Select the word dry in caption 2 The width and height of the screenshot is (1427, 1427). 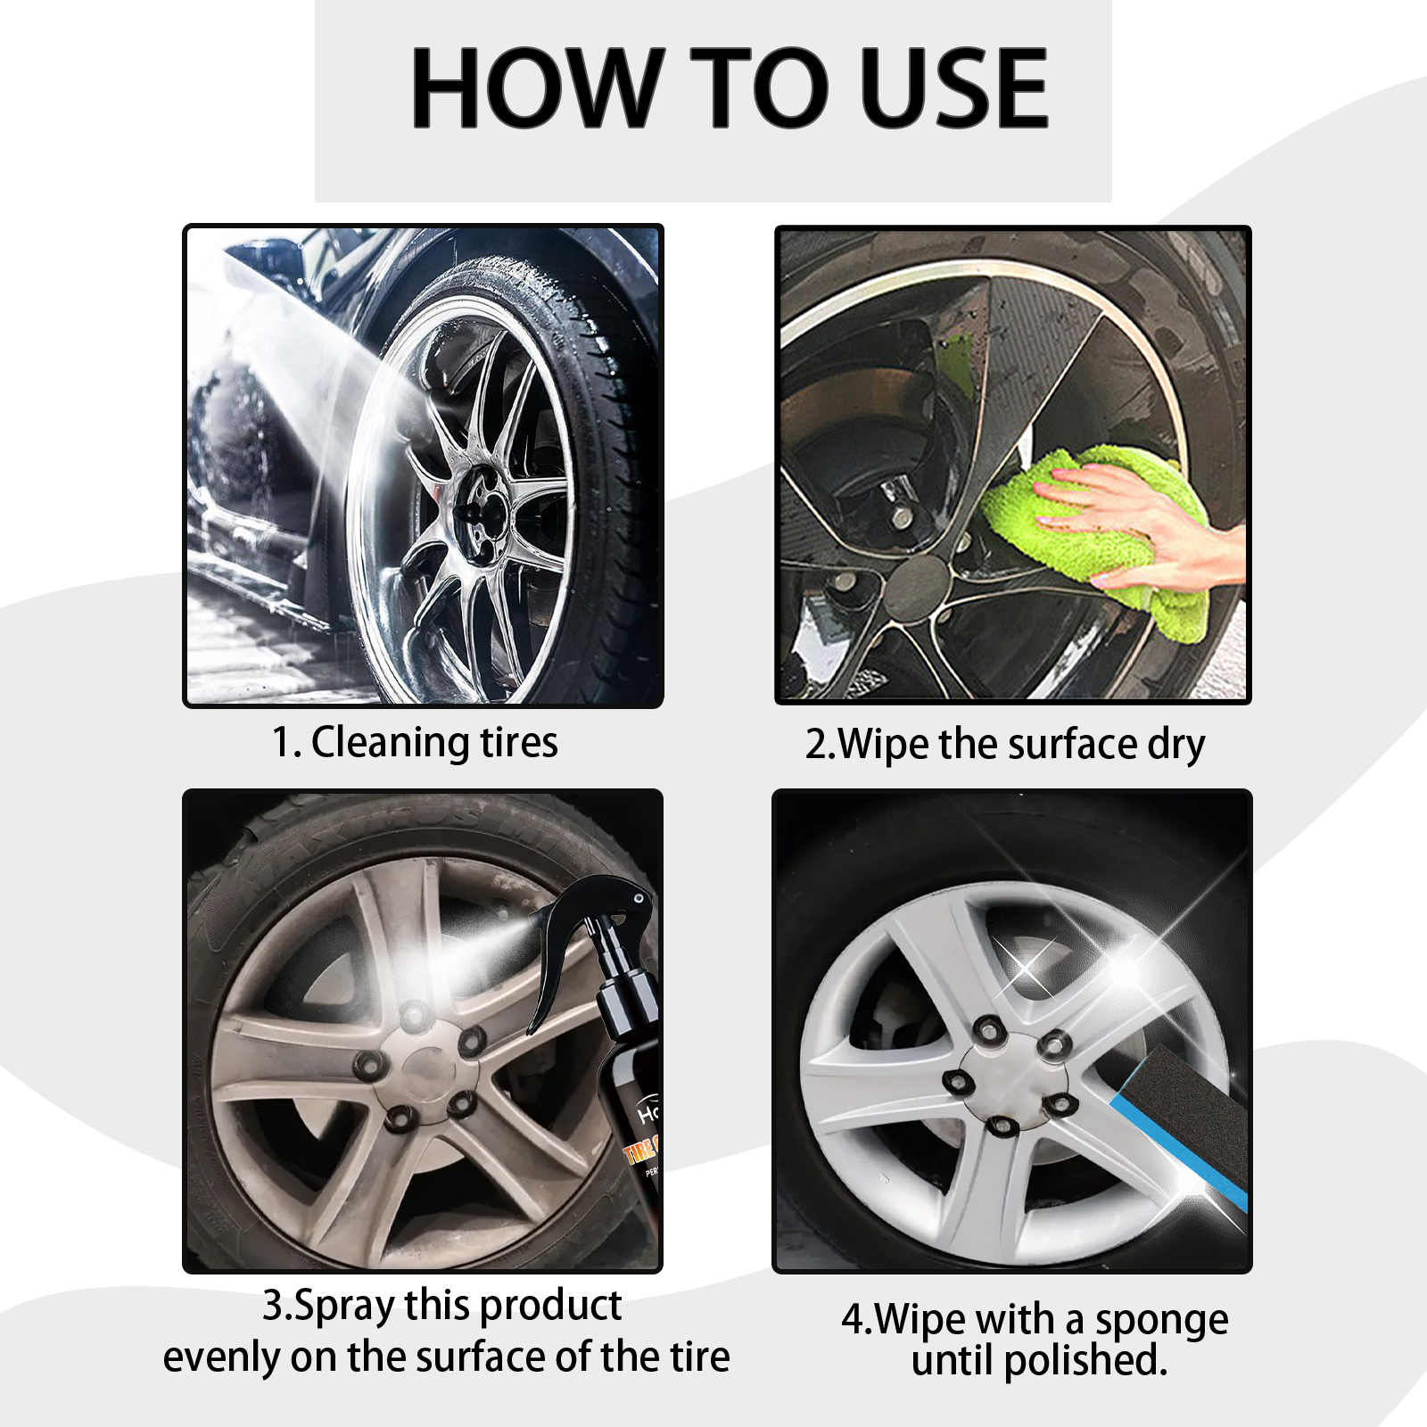(1175, 744)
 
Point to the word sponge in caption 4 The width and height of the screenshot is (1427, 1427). (1161, 1320)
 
